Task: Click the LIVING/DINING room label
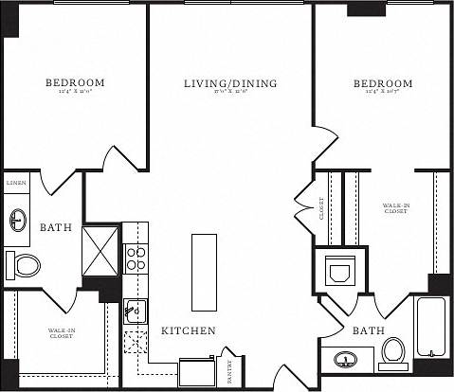pos(230,84)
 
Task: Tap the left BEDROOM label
pos(75,83)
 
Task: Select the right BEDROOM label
pos(383,84)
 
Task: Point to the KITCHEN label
pos(189,330)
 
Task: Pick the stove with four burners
pos(136,258)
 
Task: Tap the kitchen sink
pos(135,310)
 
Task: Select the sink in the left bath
pos(18,222)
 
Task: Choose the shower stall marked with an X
pos(101,248)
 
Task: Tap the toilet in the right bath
pos(392,352)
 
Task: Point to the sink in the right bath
pos(345,361)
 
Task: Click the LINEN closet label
pos(16,181)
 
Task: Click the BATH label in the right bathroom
pos(367,330)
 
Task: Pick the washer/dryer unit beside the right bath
pos(338,272)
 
